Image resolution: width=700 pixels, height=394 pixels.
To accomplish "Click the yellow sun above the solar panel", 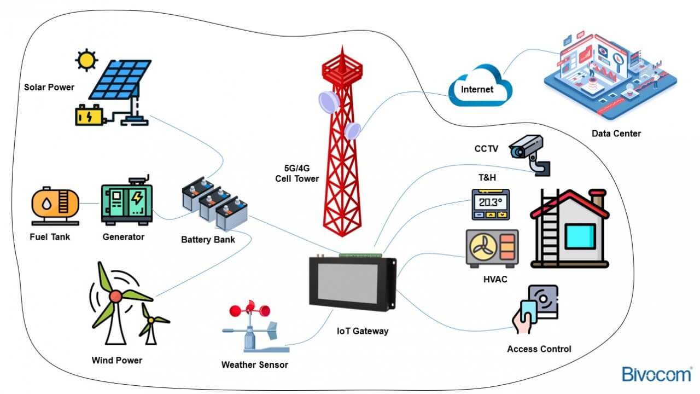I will (x=86, y=60).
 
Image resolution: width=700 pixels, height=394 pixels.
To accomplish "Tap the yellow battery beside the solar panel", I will (x=89, y=115).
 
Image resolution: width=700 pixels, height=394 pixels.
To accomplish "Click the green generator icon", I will (x=127, y=202).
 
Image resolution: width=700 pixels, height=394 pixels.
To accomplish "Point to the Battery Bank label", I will (x=208, y=240).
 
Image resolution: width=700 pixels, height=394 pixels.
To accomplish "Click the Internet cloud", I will (x=478, y=88).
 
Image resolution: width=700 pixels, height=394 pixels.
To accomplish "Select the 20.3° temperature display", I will (x=491, y=202).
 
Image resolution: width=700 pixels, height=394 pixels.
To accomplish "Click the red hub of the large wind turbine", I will (x=115, y=296).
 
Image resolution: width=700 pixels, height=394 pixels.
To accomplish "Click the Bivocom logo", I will (x=656, y=374).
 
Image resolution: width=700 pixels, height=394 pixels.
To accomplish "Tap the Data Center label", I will (x=616, y=134).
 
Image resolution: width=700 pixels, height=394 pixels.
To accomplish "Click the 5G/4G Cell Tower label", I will (x=297, y=173).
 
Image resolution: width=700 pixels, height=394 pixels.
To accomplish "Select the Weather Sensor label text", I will (x=254, y=365).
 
